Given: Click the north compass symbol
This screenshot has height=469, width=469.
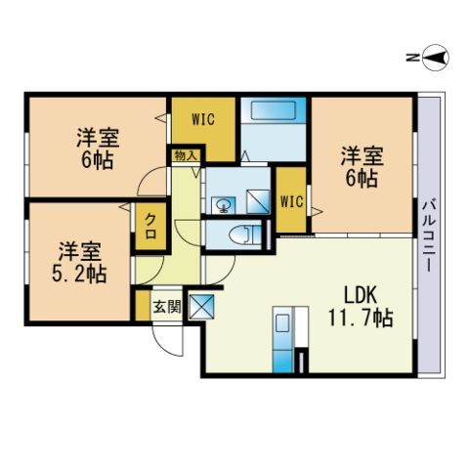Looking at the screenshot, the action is point(436,59).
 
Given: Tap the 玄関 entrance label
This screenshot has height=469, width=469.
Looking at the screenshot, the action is point(167,307).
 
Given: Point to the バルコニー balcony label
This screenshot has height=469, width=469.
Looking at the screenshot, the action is point(429,236).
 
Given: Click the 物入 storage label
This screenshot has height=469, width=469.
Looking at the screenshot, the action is point(186,155).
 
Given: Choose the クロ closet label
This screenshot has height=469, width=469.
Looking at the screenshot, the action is point(150,226).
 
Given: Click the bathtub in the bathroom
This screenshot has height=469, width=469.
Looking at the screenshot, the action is point(274,109).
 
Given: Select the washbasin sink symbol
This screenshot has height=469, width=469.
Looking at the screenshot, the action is point(224,205).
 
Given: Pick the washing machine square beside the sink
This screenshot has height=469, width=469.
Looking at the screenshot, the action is point(258,202).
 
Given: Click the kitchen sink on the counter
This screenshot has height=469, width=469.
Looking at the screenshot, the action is point(282,323).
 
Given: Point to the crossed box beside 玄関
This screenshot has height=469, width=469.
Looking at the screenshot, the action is point(201,307).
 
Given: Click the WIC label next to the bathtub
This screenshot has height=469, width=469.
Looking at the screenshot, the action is point(203,119).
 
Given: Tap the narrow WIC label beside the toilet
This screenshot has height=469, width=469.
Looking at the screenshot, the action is point(292,202).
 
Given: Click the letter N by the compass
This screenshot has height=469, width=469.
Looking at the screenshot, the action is point(411,59).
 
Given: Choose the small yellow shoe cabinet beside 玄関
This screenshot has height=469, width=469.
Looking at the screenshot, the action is point(143,305).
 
